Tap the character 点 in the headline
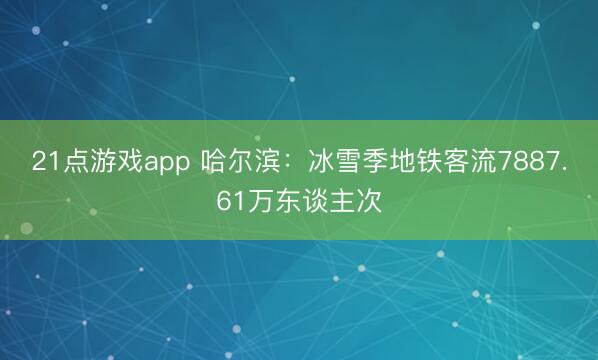[72, 162]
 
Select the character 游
[98, 162]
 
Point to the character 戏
[125, 162]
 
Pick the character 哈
[214, 162]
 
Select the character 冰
[321, 162]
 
